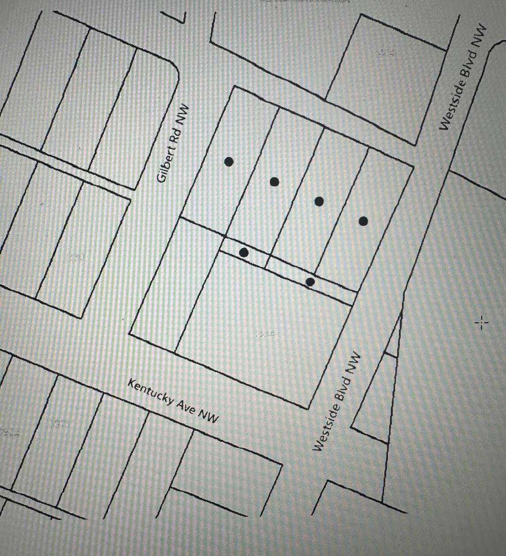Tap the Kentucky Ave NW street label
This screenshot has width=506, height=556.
pyautogui.click(x=173, y=401)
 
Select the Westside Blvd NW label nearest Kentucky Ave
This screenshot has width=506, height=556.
pyautogui.click(x=337, y=402)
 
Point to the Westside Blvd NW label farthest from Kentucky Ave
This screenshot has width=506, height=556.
pyautogui.click(x=463, y=77)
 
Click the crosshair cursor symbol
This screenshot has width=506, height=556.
pyautogui.click(x=481, y=323)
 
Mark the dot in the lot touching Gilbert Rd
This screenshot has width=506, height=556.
pyautogui.click(x=228, y=162)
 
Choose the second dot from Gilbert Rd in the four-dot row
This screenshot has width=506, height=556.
pyautogui.click(x=274, y=181)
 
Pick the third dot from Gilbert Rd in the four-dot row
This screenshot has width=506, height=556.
pyautogui.click(x=319, y=202)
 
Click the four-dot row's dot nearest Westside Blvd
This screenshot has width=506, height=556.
pyautogui.click(x=363, y=221)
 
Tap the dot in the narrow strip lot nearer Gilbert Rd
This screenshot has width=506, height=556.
pyautogui.click(x=243, y=252)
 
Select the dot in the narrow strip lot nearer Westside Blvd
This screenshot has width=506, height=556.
pyautogui.click(x=310, y=282)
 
